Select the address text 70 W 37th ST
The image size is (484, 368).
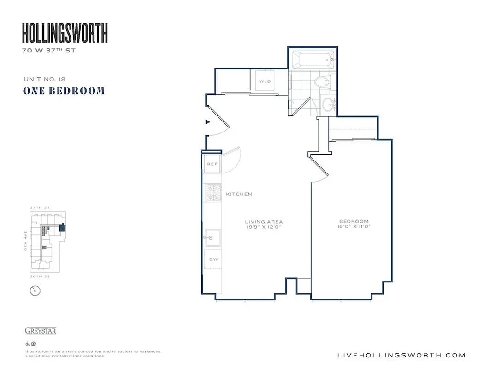point(48,51)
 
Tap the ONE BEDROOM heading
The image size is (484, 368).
point(64,91)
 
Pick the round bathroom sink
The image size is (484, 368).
point(329,104)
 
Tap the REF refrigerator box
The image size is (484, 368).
point(212,164)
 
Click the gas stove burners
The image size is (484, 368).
point(213,193)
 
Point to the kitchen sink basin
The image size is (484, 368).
point(212,237)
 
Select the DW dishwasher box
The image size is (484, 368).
point(213,260)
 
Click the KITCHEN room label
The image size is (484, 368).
point(239,194)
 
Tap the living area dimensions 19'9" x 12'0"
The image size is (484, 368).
point(264,227)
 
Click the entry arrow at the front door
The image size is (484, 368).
point(208,122)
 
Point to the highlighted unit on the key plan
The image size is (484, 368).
point(62,227)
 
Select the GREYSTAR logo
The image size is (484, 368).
point(41,331)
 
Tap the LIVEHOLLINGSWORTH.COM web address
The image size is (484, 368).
point(401,355)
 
